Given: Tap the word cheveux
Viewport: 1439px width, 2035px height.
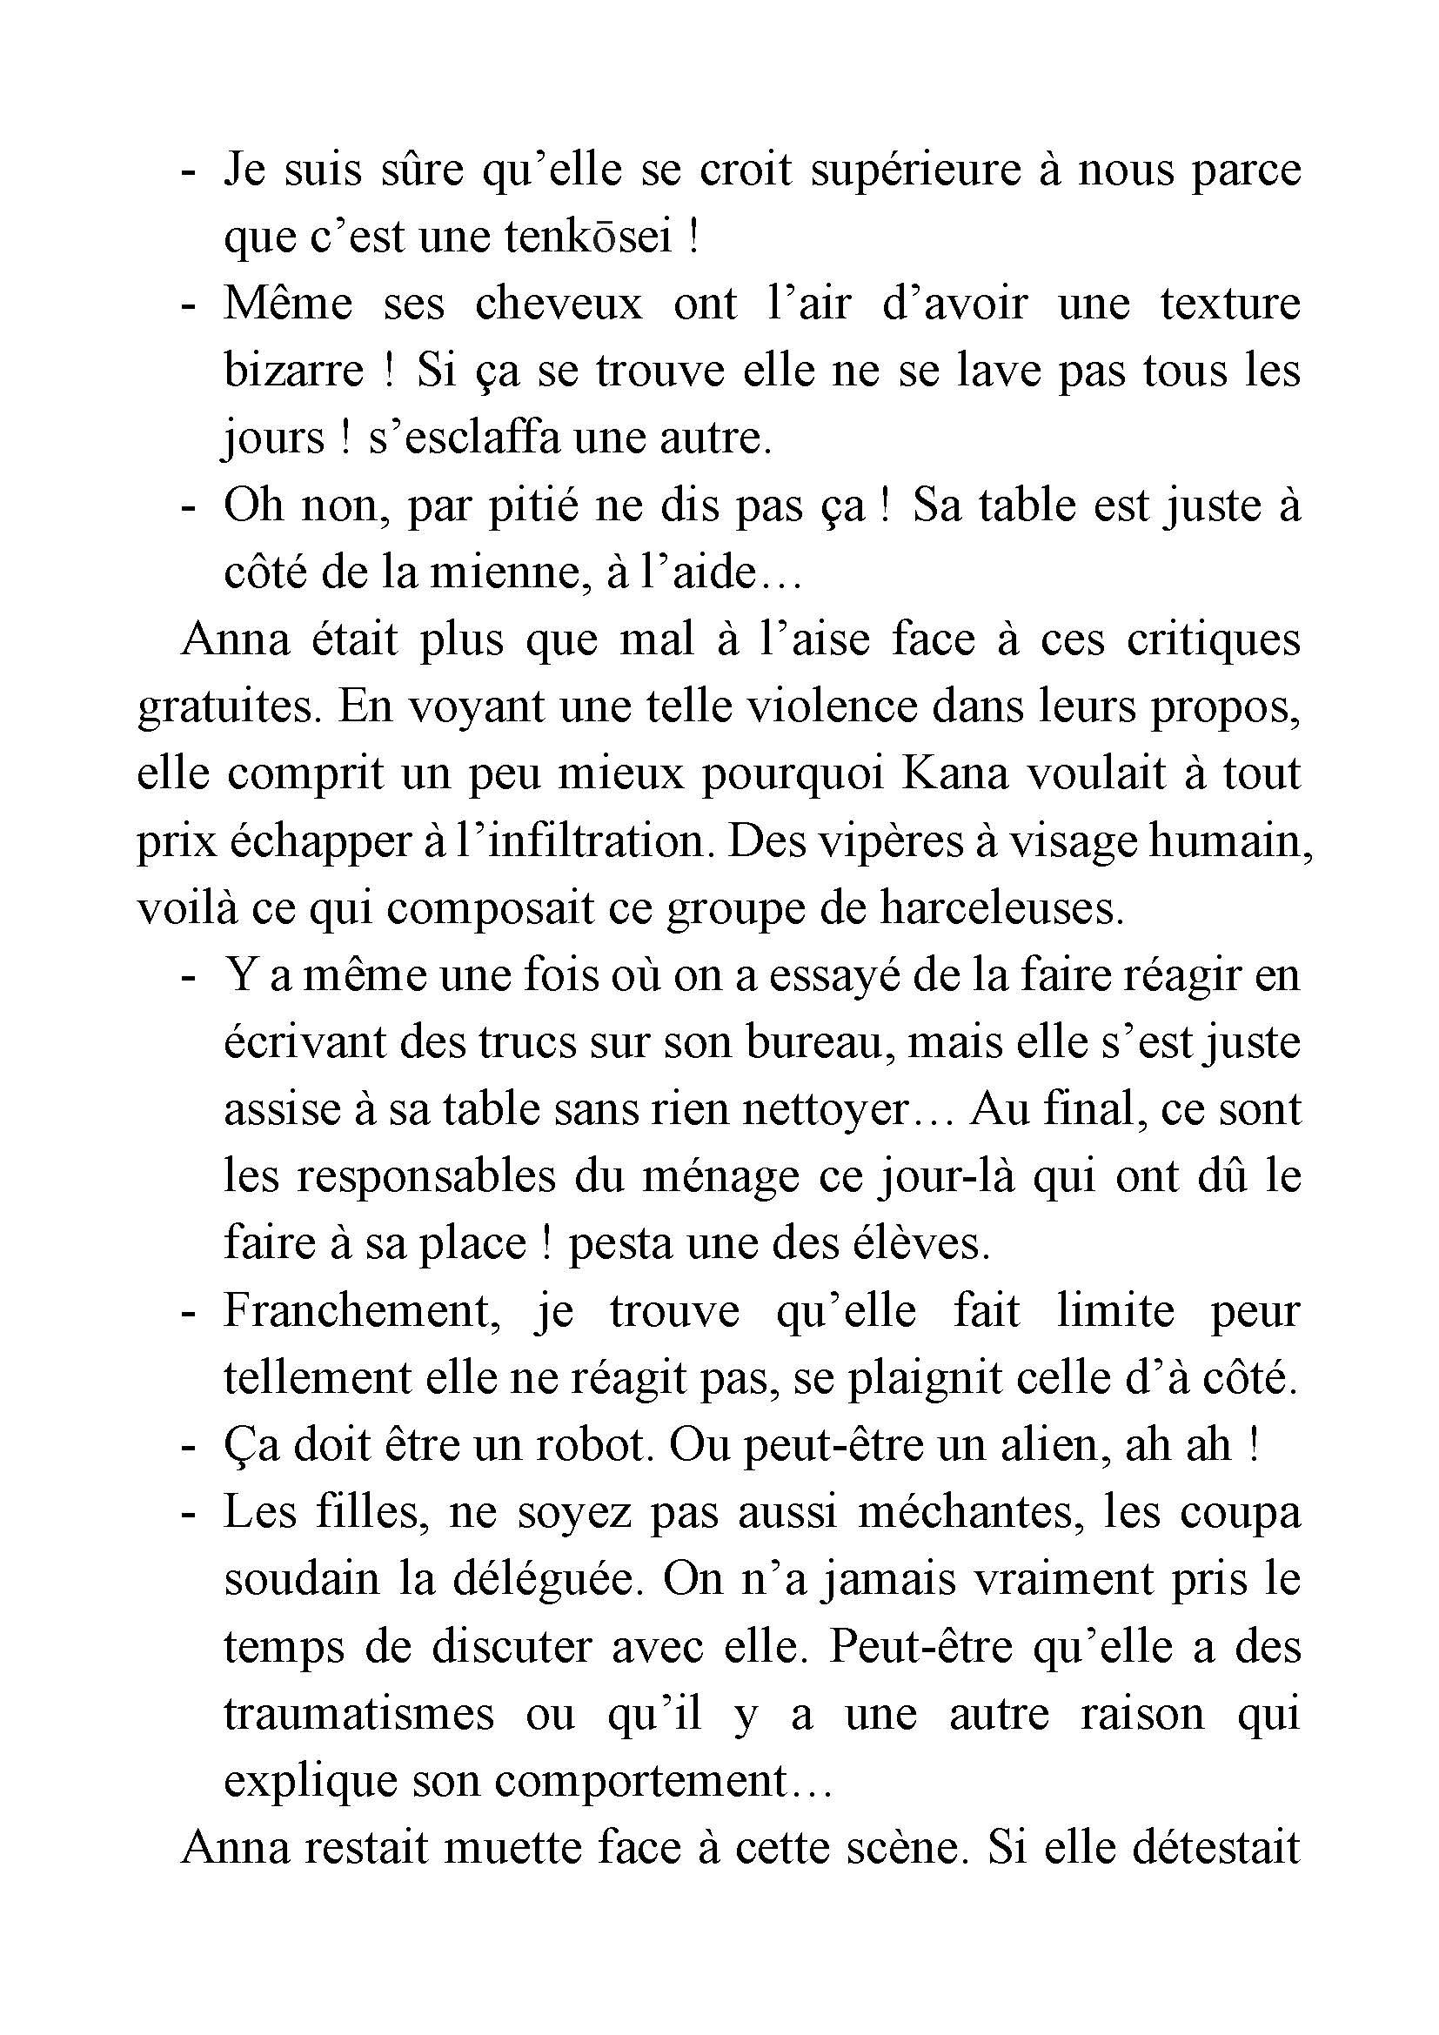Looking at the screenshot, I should click(559, 304).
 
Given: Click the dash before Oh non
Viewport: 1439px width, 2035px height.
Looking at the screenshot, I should click(187, 507).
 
